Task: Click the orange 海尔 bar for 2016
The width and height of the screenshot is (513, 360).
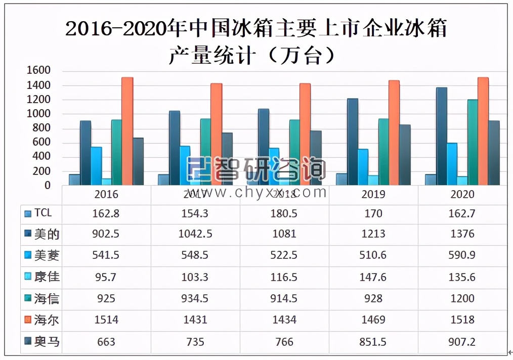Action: (127, 131)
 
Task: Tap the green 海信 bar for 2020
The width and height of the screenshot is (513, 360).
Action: (473, 143)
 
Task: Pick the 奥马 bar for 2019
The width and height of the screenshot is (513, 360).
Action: (404, 155)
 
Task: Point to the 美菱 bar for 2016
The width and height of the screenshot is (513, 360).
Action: (96, 166)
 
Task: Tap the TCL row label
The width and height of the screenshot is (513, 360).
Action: (44, 213)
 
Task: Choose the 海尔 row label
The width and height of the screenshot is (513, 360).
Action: (47, 320)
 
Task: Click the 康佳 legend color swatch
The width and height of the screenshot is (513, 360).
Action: (28, 278)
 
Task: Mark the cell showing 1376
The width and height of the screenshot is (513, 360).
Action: (462, 234)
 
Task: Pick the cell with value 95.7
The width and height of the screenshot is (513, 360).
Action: (106, 277)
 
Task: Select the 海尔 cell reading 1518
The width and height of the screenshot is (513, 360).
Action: (462, 320)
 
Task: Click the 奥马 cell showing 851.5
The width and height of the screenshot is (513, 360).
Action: (373, 342)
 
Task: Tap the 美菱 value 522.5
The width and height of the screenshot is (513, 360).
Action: (284, 255)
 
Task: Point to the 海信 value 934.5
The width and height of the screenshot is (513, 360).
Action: (195, 299)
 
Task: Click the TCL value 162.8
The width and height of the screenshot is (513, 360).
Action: (106, 213)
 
